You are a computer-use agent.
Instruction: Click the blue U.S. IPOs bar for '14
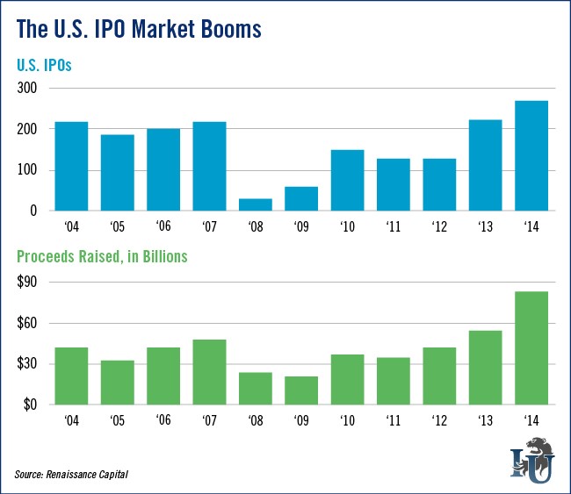[x=531, y=156]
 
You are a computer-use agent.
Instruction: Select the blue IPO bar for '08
[x=255, y=204]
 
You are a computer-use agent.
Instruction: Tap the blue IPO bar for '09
[x=300, y=198]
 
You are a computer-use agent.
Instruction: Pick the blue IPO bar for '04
[x=71, y=166]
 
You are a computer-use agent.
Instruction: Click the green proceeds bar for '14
[x=531, y=347]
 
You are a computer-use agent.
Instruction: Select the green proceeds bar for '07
[x=209, y=372]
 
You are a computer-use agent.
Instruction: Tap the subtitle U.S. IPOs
[x=47, y=66]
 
